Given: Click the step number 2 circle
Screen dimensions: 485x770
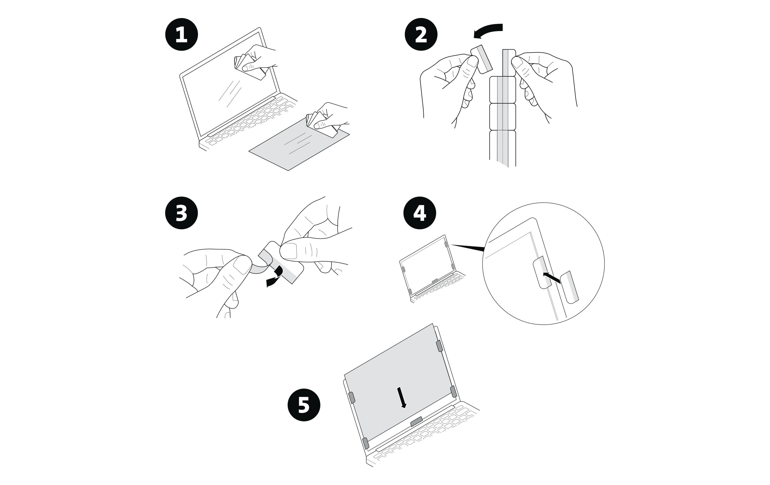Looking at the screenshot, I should [x=421, y=35].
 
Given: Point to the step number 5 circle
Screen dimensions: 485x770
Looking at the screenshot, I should [x=304, y=405].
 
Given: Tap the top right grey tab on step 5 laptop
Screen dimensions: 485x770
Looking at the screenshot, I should [x=439, y=346].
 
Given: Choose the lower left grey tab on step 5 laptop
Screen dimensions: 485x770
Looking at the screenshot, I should [x=365, y=443].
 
